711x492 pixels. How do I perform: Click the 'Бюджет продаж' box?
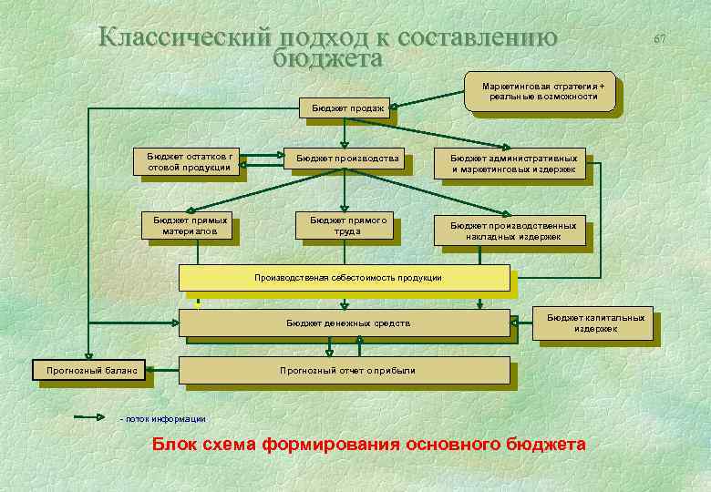346,108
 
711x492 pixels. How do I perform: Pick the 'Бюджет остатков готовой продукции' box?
190,161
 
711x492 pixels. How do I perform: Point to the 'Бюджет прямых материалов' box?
190,225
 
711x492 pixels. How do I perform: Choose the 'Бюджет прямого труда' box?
347,225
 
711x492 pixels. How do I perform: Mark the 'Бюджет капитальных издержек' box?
594,323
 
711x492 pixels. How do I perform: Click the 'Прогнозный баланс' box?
88,370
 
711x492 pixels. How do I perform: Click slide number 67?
660,39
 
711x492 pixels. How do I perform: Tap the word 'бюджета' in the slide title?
326,57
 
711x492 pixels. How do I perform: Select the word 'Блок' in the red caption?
171,445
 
